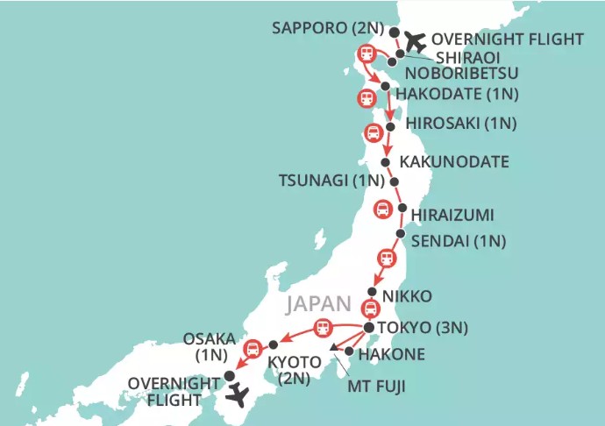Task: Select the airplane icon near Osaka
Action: click(237, 395)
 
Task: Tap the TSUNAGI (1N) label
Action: click(332, 182)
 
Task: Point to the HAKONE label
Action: click(392, 355)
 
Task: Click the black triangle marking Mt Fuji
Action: click(333, 348)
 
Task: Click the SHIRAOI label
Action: click(446, 54)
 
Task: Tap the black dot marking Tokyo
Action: click(368, 328)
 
